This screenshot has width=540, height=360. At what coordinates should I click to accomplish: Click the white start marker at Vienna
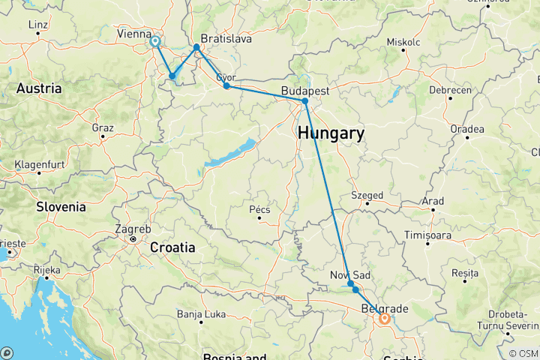point(155,42)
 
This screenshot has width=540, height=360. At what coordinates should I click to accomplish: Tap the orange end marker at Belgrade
point(384,318)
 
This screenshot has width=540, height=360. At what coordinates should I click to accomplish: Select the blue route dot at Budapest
point(305,101)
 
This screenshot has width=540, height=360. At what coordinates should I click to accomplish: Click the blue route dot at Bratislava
point(196,48)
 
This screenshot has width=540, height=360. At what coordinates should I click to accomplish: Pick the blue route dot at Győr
point(226,86)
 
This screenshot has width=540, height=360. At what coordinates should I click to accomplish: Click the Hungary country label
point(331,134)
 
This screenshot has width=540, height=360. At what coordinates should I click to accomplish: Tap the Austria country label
point(38,88)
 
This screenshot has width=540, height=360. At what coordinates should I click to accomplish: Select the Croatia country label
point(173,247)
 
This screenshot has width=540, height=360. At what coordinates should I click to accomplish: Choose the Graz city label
point(103,127)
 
